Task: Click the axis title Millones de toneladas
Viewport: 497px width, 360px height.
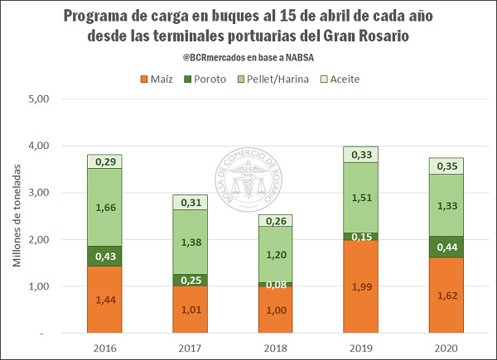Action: point(17,216)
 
